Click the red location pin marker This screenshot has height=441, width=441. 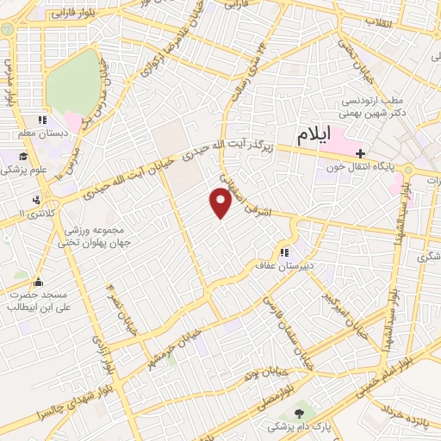(221, 202)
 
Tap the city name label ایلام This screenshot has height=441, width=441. (315, 135)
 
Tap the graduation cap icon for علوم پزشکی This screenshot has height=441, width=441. (23, 157)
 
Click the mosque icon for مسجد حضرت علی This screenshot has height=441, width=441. (38, 281)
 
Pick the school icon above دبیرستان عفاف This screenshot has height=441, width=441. (283, 252)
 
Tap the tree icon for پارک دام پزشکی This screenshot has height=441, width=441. (299, 414)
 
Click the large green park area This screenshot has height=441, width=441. (72, 82)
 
